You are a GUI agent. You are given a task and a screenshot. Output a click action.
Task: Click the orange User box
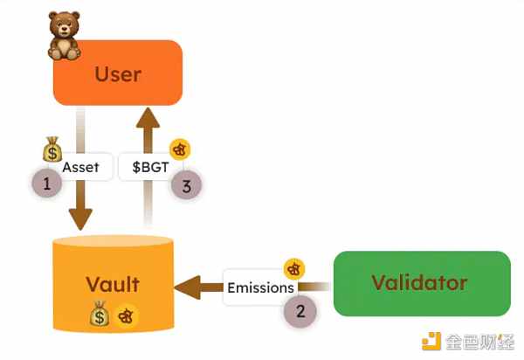click(118, 73)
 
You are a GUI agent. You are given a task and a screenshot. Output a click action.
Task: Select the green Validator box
click(419, 283)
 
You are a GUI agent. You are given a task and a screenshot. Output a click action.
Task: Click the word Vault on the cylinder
click(113, 284)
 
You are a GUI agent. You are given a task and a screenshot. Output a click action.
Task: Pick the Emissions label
click(261, 287)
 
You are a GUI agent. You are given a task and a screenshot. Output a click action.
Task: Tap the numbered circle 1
click(46, 183)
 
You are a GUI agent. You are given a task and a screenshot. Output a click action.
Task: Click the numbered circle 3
click(184, 184)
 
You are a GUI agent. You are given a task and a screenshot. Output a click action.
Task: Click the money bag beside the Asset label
click(52, 149)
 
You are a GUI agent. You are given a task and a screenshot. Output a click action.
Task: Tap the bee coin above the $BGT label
click(179, 149)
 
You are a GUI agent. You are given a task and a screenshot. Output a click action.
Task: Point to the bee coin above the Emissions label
click(295, 269)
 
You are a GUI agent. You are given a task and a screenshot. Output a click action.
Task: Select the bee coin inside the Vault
click(127, 315)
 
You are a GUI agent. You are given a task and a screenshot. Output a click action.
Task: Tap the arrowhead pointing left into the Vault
click(185, 287)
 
